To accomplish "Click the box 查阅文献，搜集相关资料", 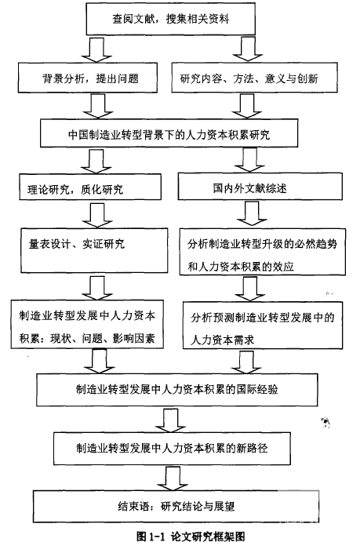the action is tap(171, 19).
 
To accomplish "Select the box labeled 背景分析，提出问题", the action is tap(88, 78).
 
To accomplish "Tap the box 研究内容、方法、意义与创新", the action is tap(254, 78).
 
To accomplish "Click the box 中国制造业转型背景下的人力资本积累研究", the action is tap(169, 133).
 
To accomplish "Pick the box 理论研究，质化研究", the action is tap(90, 187).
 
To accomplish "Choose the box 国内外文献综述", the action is tap(260, 187).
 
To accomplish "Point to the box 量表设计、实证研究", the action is tap(94, 250).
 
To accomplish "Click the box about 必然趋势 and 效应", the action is tap(263, 252).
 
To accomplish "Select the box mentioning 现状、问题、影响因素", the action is tap(87, 324).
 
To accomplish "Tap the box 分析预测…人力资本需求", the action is tap(263, 326).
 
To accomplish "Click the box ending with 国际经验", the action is tap(177, 390).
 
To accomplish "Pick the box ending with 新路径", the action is tap(172, 449).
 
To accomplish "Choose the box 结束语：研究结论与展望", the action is tap(176, 506).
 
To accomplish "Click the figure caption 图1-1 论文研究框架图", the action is tap(191, 536).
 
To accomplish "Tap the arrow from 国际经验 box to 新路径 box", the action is tap(170, 420).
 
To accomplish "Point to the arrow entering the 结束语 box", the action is tap(172, 478).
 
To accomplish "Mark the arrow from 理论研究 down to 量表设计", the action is tap(97, 214).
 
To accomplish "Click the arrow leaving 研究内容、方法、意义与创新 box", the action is tap(247, 106).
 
